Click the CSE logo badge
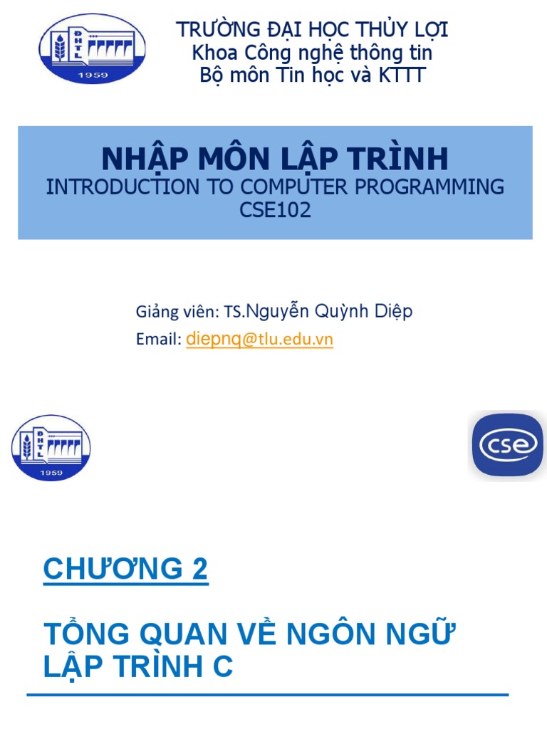coord(507,445)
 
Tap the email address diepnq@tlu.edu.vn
coord(259,340)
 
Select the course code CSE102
coord(275,211)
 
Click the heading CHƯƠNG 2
coord(126,570)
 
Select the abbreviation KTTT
coord(401,75)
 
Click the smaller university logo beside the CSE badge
coord(51,447)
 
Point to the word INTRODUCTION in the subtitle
coord(123,187)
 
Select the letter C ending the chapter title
coord(223,667)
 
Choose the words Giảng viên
coord(176,312)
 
